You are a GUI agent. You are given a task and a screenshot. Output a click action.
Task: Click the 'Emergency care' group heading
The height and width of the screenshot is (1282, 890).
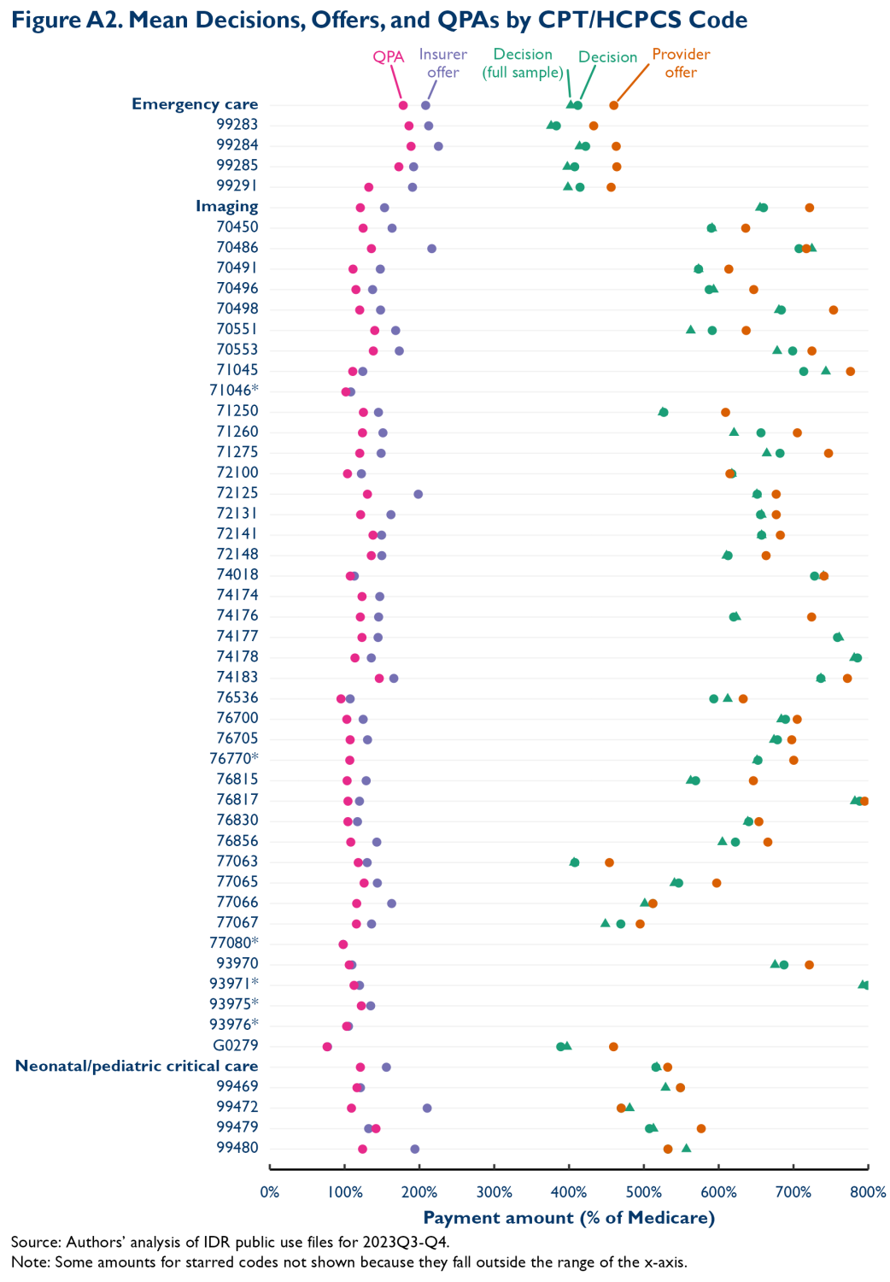point(194,104)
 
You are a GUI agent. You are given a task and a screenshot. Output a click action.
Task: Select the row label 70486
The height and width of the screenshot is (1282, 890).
point(237,248)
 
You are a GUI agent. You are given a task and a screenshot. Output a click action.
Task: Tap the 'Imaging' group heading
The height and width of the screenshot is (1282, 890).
point(226,206)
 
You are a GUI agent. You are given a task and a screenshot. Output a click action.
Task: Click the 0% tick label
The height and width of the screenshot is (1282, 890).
point(270,1192)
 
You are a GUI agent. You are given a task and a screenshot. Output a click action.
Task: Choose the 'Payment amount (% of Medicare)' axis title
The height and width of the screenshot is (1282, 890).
point(569,1217)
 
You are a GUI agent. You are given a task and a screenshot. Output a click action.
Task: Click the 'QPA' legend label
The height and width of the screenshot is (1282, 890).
point(388,57)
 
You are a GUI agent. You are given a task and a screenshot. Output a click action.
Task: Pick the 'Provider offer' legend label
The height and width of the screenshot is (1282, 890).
point(681,63)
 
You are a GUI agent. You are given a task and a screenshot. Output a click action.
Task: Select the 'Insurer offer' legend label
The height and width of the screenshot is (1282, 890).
point(442,63)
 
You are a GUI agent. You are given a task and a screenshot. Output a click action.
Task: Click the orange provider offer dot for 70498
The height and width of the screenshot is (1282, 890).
point(833,310)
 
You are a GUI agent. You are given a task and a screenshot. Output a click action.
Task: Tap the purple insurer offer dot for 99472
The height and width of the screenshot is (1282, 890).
point(427,1109)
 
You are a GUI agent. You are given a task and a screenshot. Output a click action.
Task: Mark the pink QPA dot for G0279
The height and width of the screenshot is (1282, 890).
point(327,1047)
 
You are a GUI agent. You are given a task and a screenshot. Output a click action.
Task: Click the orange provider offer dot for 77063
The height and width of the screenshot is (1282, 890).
point(609,862)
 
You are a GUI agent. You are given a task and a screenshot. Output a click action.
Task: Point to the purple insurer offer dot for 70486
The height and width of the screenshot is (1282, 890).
point(431,249)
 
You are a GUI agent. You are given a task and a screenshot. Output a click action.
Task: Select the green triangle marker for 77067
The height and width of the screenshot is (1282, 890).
point(606,923)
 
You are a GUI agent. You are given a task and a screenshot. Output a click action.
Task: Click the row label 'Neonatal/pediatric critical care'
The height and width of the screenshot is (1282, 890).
point(137,1066)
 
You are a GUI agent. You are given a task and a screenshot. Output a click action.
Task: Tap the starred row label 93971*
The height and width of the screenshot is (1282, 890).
point(233,984)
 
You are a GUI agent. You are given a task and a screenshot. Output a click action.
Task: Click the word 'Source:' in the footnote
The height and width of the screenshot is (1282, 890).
point(31,1241)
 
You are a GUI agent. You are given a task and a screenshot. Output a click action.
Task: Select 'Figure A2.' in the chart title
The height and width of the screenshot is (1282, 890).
point(64,19)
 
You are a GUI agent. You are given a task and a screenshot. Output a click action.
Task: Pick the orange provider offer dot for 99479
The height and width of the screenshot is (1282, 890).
point(701,1128)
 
